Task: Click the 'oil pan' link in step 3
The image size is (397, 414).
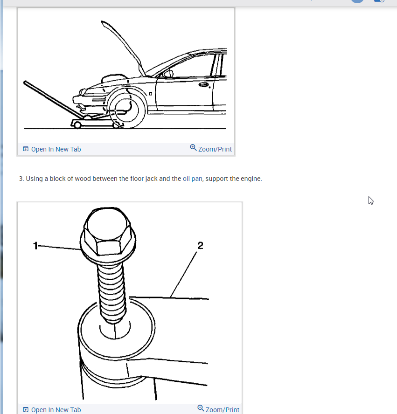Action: (193, 179)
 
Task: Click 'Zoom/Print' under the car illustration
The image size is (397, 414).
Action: (211, 149)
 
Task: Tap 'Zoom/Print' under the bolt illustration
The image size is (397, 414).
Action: (218, 409)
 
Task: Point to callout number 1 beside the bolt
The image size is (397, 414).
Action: (35, 246)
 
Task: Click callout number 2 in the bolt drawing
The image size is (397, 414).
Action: (200, 246)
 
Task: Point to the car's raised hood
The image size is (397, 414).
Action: (123, 48)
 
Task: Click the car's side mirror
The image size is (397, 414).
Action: (168, 73)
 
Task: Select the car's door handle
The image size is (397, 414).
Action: (204, 84)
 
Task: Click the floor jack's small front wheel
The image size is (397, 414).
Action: (77, 125)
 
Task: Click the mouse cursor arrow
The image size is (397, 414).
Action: (371, 200)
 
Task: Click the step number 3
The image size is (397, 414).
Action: (21, 179)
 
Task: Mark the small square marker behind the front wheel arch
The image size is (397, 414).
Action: (151, 94)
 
